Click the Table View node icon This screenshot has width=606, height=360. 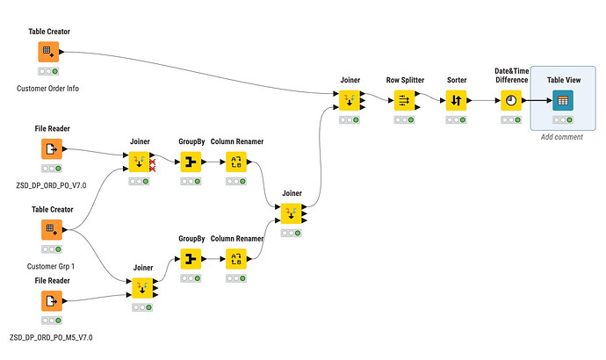click(x=560, y=100)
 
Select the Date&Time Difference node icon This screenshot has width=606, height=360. click(x=510, y=100)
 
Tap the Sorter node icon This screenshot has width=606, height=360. click(x=454, y=100)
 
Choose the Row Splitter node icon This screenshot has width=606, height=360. click(x=404, y=100)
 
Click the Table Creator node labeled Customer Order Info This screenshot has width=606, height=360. click(x=48, y=53)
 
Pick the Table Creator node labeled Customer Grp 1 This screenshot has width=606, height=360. click(x=48, y=229)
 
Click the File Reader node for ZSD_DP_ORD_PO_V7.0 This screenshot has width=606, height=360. click(x=48, y=149)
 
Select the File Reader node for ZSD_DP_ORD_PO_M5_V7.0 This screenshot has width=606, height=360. click(x=48, y=302)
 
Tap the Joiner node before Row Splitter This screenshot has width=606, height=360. click(x=350, y=100)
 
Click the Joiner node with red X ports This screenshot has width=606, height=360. click(x=140, y=162)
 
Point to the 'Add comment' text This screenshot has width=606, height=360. click(x=561, y=137)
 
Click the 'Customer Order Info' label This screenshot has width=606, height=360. click(x=48, y=89)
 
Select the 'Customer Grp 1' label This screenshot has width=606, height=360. click(x=48, y=264)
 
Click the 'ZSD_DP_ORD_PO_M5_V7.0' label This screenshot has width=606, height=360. click(x=51, y=337)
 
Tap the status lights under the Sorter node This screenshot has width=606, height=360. click(x=454, y=119)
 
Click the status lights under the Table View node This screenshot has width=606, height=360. click(x=560, y=119)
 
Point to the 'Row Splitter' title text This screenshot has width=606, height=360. click(x=405, y=80)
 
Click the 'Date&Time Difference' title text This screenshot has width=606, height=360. click(x=510, y=76)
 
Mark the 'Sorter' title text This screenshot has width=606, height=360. click(x=454, y=80)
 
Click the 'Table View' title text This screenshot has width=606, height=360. click(x=561, y=80)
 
